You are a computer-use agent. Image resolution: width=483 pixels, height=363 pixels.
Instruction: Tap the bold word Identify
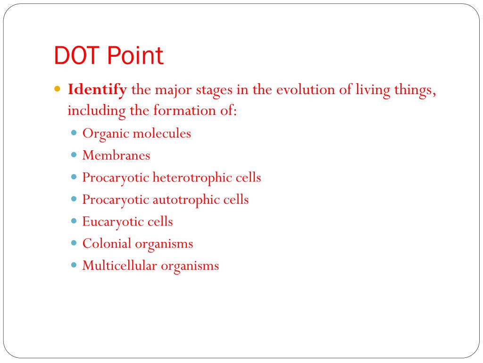98,89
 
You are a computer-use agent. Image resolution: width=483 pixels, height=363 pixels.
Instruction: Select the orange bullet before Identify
58,89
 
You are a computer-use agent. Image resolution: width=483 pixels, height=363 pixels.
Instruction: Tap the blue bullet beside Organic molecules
75,133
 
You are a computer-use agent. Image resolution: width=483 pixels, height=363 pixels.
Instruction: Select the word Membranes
116,155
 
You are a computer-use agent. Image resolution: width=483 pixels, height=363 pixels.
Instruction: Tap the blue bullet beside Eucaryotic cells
75,221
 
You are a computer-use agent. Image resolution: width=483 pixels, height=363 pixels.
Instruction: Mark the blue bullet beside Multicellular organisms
75,265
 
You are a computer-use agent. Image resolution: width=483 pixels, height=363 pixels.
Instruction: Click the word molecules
161,134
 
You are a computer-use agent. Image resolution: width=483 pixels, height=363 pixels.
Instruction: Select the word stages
215,89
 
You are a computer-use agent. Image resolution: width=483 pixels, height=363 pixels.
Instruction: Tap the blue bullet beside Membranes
75,155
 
